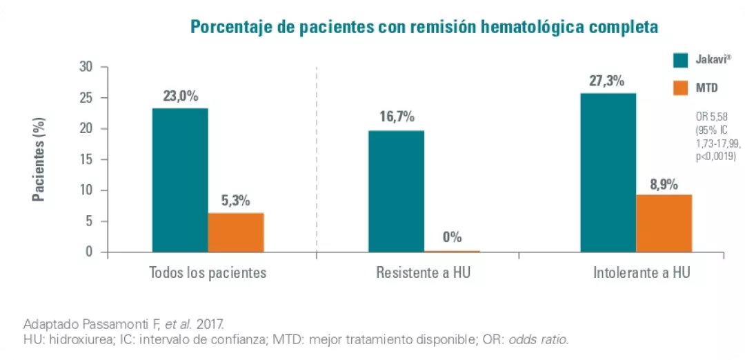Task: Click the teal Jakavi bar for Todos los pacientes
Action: [180, 181]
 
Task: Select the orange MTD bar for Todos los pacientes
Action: [236, 232]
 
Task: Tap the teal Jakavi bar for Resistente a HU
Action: [397, 191]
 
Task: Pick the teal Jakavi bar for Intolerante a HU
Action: [608, 172]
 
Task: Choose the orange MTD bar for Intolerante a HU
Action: [664, 223]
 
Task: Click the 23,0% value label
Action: [181, 96]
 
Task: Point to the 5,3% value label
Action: [235, 201]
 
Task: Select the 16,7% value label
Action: [397, 117]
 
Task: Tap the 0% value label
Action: [452, 238]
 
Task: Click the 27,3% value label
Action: [607, 81]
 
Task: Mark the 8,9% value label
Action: [664, 184]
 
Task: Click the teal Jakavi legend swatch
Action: [682, 61]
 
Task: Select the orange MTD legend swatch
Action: [682, 88]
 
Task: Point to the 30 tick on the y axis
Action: [86, 67]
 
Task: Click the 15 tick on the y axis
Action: [86, 159]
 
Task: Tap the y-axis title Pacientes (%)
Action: [39, 159]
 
